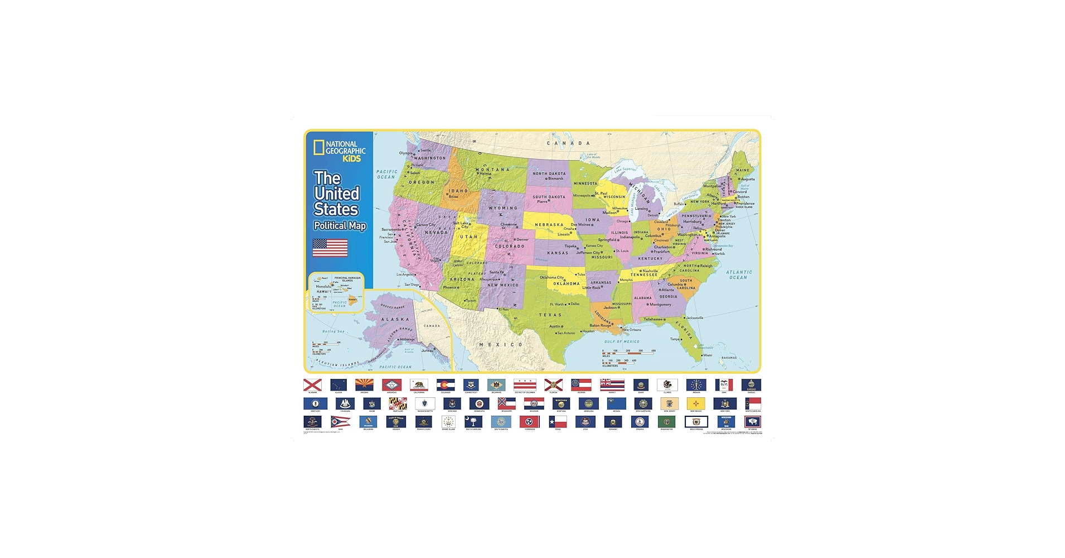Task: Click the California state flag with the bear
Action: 419,384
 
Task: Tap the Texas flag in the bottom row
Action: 558,422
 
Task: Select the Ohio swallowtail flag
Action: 340,421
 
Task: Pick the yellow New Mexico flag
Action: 696,403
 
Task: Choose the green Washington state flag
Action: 666,422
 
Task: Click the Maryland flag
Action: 398,403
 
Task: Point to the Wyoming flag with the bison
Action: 752,422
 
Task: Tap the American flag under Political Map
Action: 330,248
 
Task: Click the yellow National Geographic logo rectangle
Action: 318,147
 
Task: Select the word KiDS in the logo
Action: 351,158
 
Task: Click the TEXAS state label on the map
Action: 550,315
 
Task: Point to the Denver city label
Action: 522,239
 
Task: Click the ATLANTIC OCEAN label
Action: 739,275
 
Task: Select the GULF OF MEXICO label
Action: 622,341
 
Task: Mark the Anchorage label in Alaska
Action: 407,339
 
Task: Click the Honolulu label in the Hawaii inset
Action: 323,286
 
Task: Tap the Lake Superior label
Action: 626,169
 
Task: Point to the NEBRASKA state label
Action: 549,225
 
